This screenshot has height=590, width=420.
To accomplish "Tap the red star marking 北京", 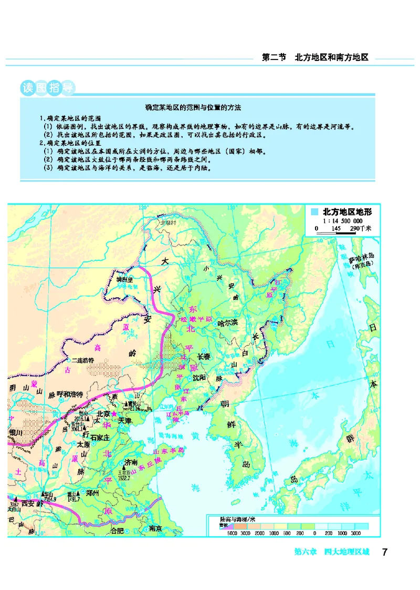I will point(113,414).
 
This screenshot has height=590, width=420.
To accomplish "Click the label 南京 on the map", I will point(155,528).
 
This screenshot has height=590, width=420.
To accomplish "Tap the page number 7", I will point(385,552).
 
